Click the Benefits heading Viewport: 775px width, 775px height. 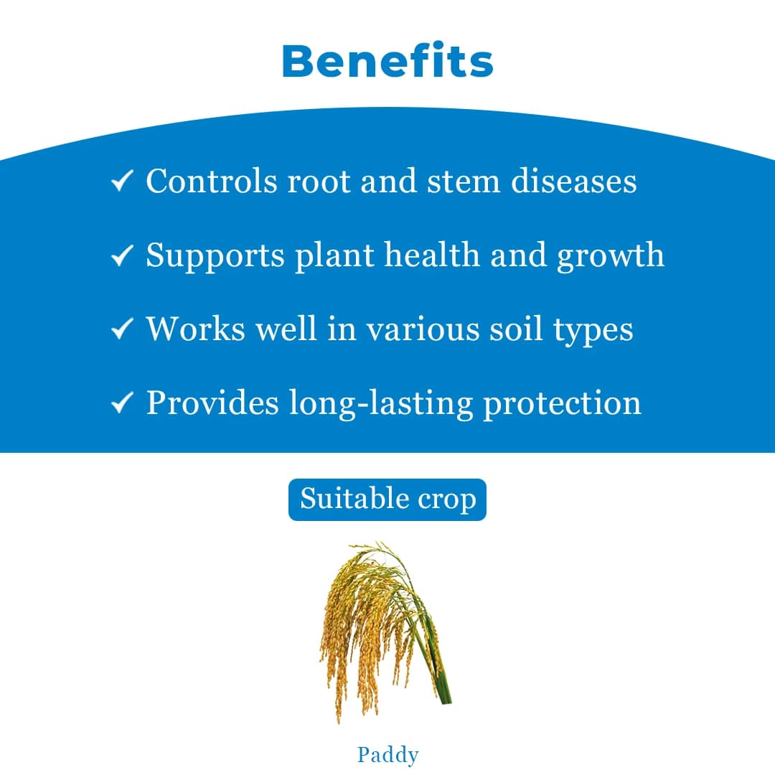tap(387, 62)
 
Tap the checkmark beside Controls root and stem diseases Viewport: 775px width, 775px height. tap(122, 182)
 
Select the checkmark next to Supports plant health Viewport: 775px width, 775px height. tap(122, 256)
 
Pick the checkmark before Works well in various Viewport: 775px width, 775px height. tap(122, 330)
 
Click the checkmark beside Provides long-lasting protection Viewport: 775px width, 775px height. tap(122, 404)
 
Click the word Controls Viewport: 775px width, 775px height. tap(212, 181)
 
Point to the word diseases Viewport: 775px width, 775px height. tap(573, 181)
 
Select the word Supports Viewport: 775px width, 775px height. tap(215, 256)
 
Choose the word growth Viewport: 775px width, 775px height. tap(611, 256)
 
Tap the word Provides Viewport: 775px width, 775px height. tap(212, 403)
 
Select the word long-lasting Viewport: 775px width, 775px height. tap(380, 403)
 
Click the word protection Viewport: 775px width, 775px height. tap(562, 404)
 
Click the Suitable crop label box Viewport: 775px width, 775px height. tap(387, 499)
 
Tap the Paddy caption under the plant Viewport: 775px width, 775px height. tap(387, 755)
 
